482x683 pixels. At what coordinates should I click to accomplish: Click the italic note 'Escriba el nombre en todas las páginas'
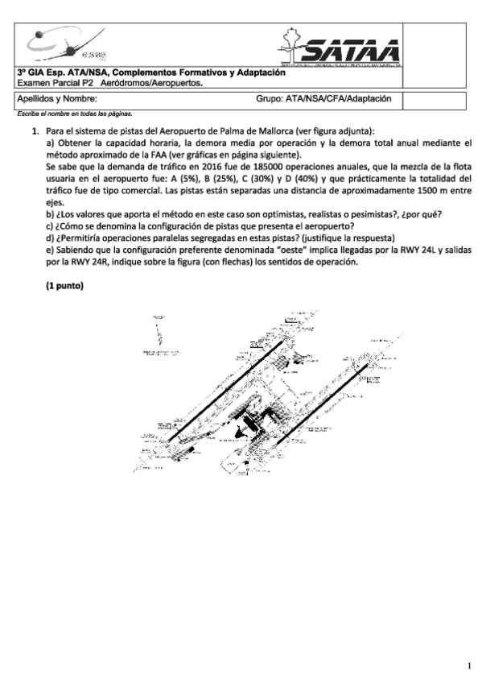coord(75,114)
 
